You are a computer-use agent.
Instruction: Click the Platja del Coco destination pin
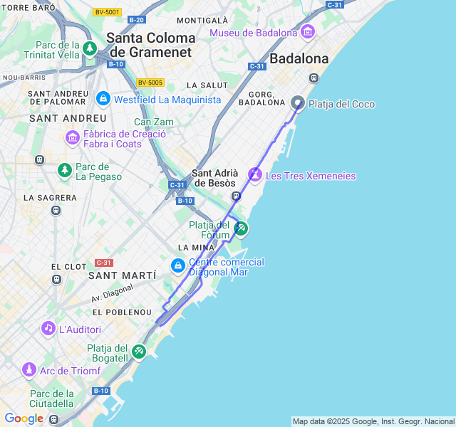[298, 103]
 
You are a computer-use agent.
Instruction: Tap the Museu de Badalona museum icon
[308, 32]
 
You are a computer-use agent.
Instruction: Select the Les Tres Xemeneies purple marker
[255, 174]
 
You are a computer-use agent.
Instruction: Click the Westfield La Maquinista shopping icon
[103, 98]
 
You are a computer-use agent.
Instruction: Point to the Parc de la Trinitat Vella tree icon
[90, 48]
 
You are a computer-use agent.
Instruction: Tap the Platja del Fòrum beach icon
[242, 228]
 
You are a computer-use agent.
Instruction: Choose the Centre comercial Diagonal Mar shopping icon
[177, 266]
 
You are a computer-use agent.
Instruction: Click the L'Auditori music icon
[48, 328]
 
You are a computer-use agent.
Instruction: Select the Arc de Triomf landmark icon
[29, 369]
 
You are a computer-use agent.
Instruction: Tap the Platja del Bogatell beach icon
[139, 350]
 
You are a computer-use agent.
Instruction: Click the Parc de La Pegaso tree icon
[65, 169]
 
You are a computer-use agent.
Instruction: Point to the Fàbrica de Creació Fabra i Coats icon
[72, 137]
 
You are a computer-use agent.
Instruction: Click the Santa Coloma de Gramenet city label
[151, 45]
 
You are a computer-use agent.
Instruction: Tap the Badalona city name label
[299, 59]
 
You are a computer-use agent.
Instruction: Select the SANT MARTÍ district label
[122, 275]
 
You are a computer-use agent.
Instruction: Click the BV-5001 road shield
[107, 12]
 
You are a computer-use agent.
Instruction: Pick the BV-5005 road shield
[150, 83]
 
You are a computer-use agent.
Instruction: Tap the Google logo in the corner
[24, 418]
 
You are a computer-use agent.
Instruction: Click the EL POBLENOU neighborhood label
[122, 312]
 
